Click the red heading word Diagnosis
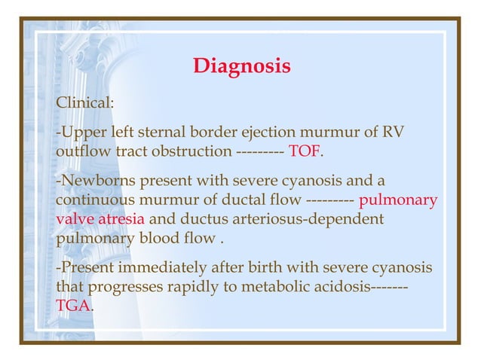click(x=241, y=66)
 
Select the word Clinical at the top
click(x=84, y=102)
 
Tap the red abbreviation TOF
click(x=305, y=152)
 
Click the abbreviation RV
click(x=394, y=133)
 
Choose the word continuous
click(x=93, y=201)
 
